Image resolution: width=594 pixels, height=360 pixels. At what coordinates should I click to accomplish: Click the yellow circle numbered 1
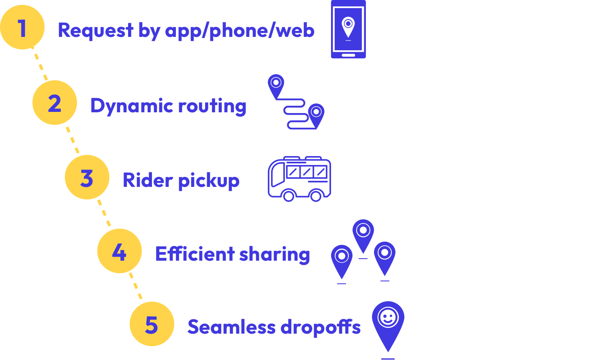click(x=22, y=27)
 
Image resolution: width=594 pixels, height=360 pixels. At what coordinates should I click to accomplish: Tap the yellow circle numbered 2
click(x=55, y=103)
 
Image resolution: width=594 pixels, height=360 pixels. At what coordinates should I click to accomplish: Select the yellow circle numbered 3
click(x=87, y=177)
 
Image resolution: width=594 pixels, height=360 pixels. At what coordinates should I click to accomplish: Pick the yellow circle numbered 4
click(x=120, y=251)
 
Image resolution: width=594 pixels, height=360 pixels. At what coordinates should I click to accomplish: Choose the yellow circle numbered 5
click(x=152, y=324)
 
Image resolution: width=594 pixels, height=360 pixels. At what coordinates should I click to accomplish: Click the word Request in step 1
click(x=96, y=30)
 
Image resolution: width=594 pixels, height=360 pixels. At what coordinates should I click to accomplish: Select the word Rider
click(x=148, y=180)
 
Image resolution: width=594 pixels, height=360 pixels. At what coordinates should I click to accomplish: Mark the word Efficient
click(x=195, y=254)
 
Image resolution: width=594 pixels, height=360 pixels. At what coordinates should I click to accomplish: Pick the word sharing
click(x=274, y=255)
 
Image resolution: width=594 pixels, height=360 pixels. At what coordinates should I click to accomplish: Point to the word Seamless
click(x=231, y=327)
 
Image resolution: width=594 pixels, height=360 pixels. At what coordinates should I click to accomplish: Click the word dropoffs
click(x=320, y=327)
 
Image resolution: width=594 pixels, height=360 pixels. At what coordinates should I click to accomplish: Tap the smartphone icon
click(x=348, y=29)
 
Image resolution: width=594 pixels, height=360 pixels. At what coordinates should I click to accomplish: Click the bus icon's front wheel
click(x=288, y=196)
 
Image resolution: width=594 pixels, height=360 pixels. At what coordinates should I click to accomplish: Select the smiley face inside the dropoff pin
click(x=388, y=317)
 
